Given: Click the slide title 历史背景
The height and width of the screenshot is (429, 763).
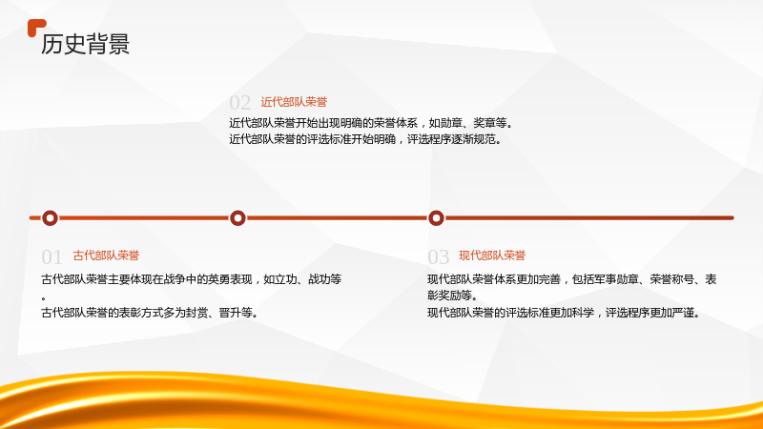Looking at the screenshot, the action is pos(85,44).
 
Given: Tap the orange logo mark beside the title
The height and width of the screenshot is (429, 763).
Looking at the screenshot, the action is pos(35,27).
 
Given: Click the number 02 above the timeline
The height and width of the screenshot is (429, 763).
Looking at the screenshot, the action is pos(240,103).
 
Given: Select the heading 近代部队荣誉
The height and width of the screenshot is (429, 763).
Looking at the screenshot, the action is pos(294,102).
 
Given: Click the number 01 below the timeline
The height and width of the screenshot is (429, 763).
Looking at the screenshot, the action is pos(52,256).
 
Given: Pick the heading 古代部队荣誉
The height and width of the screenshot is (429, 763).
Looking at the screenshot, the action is pos(106,255).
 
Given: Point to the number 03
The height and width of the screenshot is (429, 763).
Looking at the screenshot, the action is pos(439,256).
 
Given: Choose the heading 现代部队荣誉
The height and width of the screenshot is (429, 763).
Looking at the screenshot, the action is pos(492,255).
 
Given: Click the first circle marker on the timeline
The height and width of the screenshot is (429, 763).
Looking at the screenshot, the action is pos(50,218).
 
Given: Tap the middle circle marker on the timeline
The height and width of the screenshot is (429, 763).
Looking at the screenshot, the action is pos(237,218).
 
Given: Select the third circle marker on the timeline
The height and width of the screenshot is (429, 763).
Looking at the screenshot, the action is pos(436,218).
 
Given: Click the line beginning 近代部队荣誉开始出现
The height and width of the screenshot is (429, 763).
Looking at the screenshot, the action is pos(371,123).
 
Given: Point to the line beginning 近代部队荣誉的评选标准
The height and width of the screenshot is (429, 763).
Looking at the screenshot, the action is pos(366,139).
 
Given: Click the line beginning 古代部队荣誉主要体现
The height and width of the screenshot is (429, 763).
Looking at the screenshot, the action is pos(192,279).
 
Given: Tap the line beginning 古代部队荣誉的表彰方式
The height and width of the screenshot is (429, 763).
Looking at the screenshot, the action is pos(150,313).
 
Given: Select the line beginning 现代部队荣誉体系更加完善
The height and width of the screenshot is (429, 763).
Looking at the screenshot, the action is pos(571,279).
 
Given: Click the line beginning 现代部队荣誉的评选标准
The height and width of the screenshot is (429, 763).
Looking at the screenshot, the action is pos(565,313).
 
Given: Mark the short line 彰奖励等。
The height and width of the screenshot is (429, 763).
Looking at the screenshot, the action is pos(453,296).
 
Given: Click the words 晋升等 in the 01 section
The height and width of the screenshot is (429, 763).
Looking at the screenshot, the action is pos(236,313).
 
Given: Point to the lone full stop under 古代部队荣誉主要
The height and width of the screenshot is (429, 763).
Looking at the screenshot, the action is pos(44,298).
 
